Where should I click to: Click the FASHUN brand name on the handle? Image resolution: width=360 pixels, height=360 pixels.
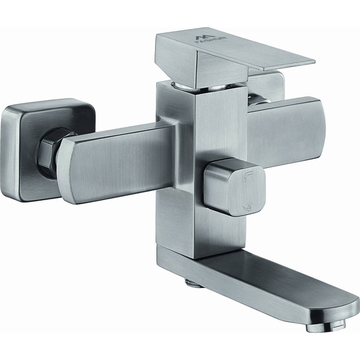point(210,41)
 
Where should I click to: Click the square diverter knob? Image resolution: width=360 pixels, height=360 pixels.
point(235,188)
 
